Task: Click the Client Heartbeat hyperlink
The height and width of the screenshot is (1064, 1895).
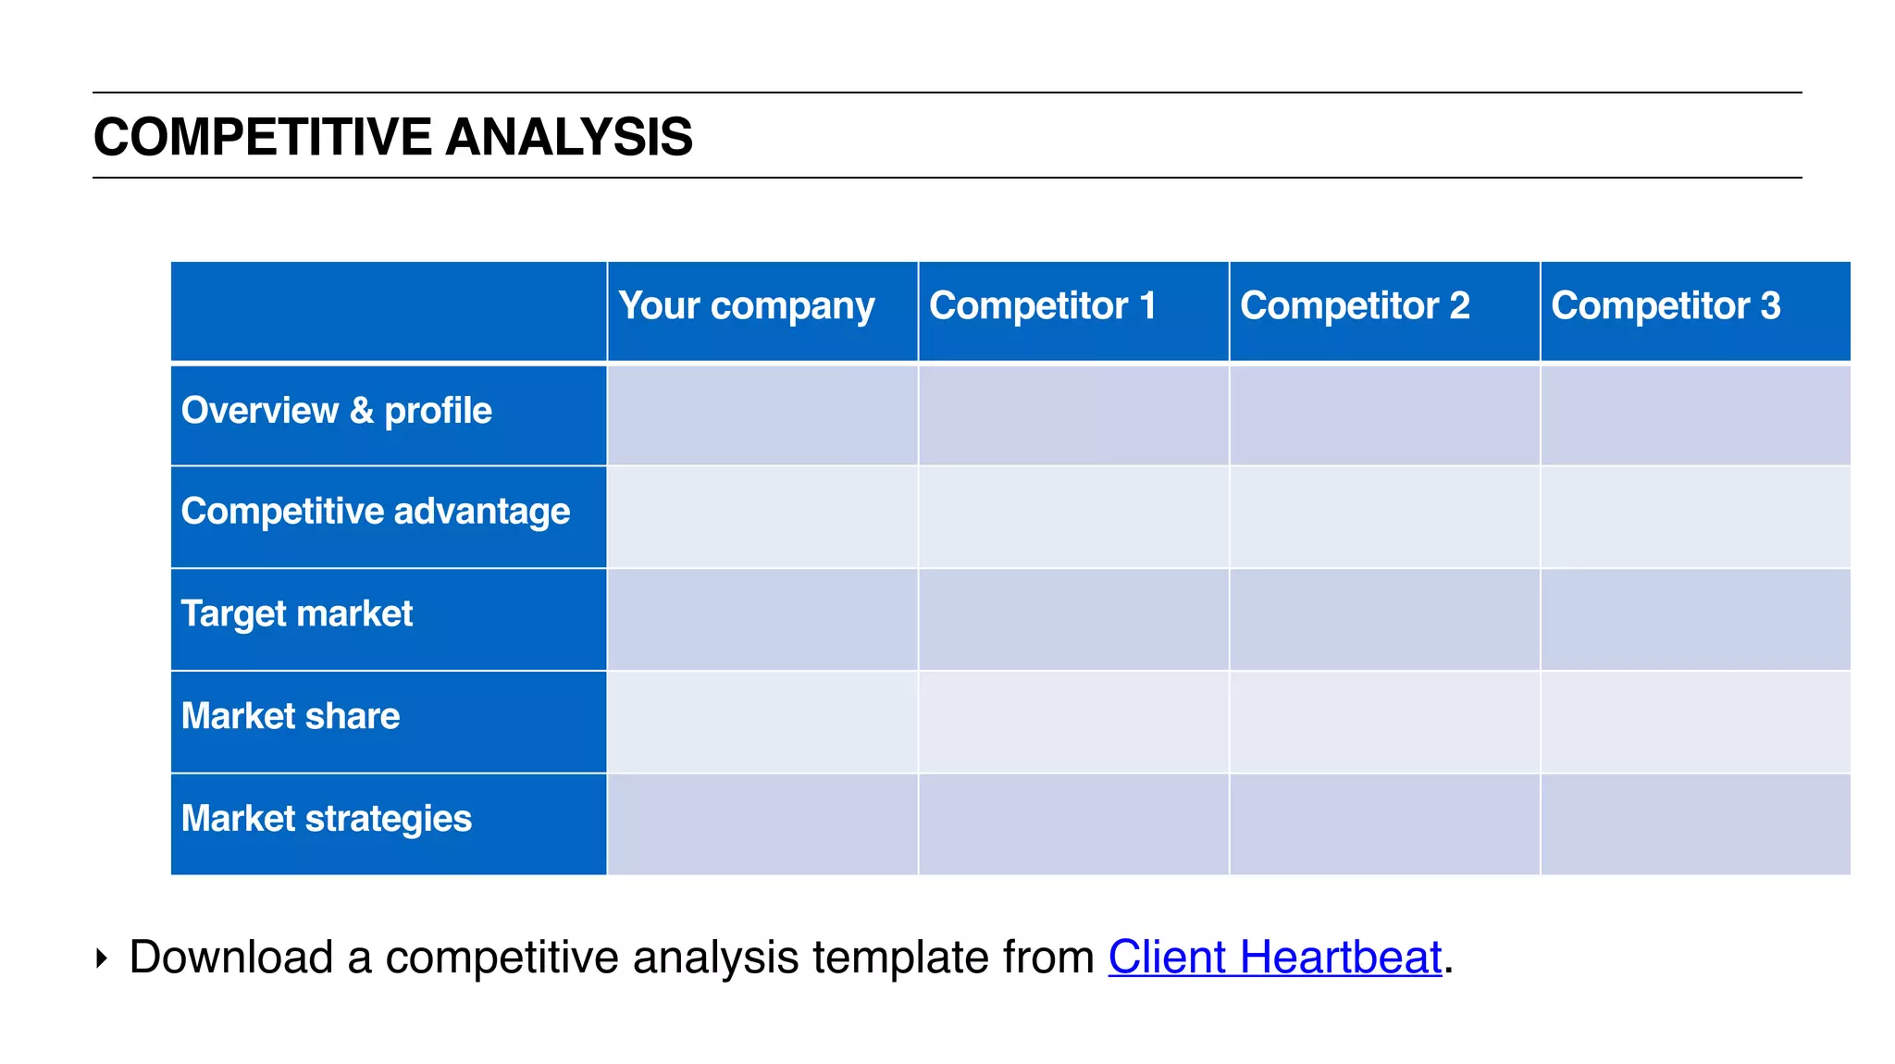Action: click(x=1274, y=957)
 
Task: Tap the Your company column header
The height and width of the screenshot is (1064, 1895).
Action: click(x=746, y=306)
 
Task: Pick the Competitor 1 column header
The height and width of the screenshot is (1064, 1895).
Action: click(x=1043, y=306)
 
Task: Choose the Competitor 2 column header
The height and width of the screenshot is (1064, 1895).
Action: click(x=1355, y=306)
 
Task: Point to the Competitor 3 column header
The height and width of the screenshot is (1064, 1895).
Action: click(x=1666, y=306)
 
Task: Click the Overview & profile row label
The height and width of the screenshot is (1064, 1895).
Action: click(x=337, y=411)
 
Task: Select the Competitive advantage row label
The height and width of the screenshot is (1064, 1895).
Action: click(x=376, y=512)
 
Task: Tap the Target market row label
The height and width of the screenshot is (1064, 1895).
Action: click(x=297, y=614)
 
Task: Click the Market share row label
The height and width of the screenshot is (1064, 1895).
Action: click(x=291, y=716)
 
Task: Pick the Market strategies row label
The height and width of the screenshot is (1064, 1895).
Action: click(x=327, y=819)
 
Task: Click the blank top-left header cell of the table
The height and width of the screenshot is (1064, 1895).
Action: click(x=389, y=311)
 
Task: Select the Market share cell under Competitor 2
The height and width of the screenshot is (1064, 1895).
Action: click(x=1384, y=722)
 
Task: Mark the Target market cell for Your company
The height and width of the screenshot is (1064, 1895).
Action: click(x=762, y=619)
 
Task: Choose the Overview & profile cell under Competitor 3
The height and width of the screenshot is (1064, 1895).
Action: click(x=1695, y=415)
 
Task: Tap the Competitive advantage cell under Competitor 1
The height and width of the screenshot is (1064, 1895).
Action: click(x=1073, y=516)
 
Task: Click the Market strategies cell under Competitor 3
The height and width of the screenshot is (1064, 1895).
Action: click(x=1695, y=823)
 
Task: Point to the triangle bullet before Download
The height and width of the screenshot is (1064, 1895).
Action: click(x=101, y=958)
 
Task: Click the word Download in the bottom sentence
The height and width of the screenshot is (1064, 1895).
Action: click(x=230, y=957)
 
